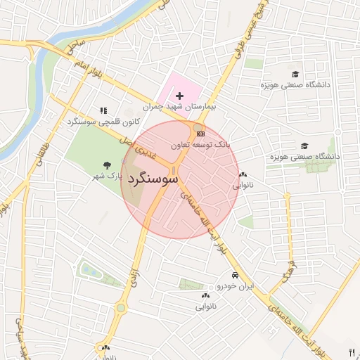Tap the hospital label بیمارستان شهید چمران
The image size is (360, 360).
172,108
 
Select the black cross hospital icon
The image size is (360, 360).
179,95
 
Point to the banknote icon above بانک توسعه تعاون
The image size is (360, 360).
201,134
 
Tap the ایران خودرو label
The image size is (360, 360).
234,286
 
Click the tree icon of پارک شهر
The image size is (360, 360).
106,165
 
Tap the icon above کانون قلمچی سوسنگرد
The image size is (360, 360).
104,110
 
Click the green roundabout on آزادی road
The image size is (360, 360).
121,308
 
